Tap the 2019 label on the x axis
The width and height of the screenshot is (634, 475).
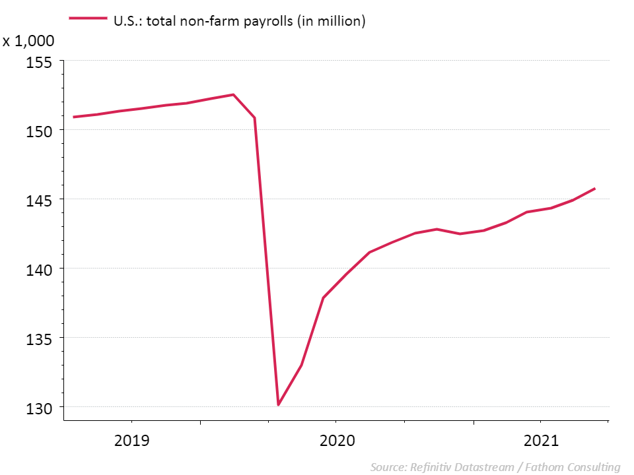pyautogui.click(x=132, y=440)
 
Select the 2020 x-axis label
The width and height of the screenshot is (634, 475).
pyautogui.click(x=337, y=440)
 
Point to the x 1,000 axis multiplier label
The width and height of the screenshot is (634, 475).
pyautogui.click(x=28, y=41)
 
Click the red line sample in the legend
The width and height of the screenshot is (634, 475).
pyautogui.click(x=87, y=20)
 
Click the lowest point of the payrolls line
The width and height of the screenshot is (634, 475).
pyautogui.click(x=279, y=404)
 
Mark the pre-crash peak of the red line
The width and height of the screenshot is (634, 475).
pyautogui.click(x=233, y=94)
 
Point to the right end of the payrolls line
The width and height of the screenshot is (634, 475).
pyautogui.click(x=594, y=189)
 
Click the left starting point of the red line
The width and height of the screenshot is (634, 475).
pyautogui.click(x=73, y=117)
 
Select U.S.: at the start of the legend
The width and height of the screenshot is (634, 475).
pyautogui.click(x=127, y=21)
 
